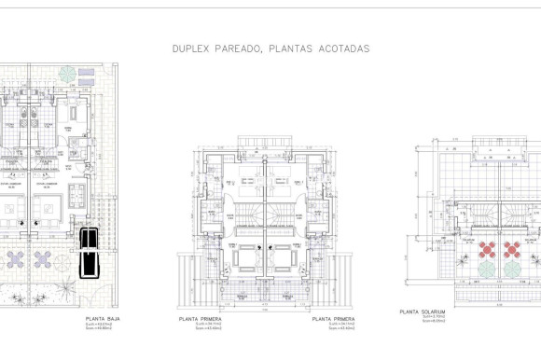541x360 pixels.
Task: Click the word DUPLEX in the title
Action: (x=189, y=48)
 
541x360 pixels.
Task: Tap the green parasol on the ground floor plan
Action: (x=67, y=73)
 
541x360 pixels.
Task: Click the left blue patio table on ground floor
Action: (x=17, y=256)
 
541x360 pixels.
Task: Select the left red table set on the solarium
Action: (x=486, y=249)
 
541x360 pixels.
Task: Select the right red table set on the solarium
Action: (x=511, y=249)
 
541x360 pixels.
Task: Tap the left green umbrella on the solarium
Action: (x=486, y=269)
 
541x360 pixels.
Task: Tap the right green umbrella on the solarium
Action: (x=511, y=269)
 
